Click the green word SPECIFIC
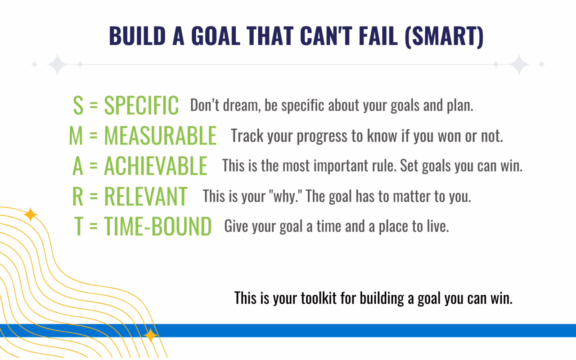tap(141, 105)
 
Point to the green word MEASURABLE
tap(160, 136)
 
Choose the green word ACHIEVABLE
tap(156, 166)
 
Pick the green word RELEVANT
tap(145, 196)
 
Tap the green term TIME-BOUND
tap(157, 226)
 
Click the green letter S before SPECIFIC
tap(78, 105)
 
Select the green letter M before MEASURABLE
tap(76, 136)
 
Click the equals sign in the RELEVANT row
tap(94, 196)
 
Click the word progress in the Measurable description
tap(322, 136)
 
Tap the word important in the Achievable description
tap(341, 166)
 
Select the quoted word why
tap(285, 197)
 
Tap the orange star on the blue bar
tap(150, 335)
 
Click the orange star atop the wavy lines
tap(31, 215)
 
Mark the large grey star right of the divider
tap(519, 64)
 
